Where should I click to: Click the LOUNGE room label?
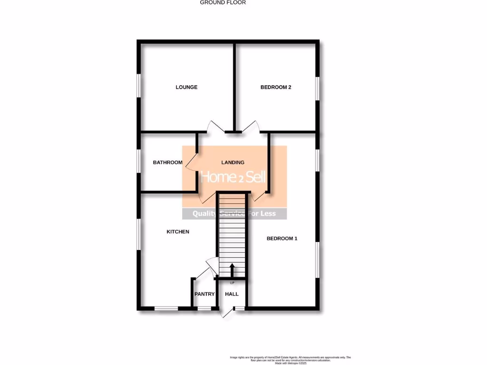(186, 87)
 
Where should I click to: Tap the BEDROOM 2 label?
(276, 87)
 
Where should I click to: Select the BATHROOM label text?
(167, 163)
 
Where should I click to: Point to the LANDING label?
(233, 163)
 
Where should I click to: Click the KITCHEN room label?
(178, 232)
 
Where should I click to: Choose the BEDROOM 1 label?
(282, 239)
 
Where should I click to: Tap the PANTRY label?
(205, 294)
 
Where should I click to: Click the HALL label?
(232, 294)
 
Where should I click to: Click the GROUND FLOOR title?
(223, 2)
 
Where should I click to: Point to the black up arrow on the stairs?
(232, 270)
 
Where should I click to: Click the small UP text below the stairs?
(232, 283)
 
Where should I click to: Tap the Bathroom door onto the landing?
(191, 162)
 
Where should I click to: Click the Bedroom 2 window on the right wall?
(317, 88)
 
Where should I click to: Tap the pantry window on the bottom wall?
(205, 308)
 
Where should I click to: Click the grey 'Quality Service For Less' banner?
(234, 214)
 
